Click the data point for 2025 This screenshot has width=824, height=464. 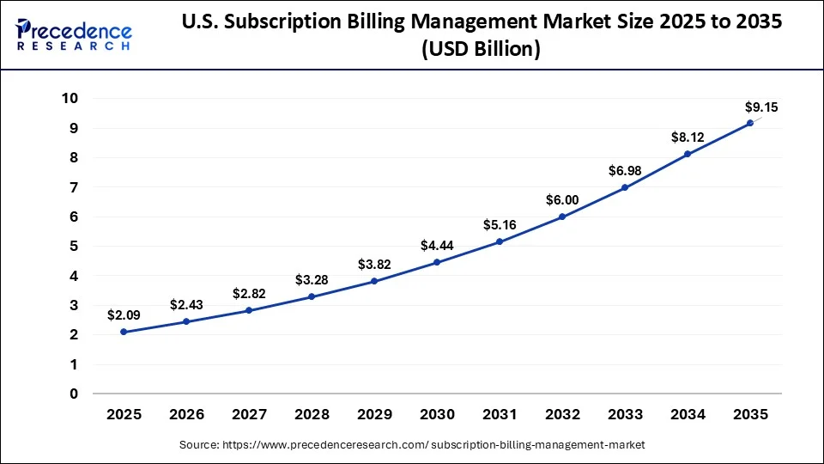(x=124, y=332)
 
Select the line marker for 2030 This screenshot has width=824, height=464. (x=437, y=262)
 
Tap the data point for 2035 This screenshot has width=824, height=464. (x=749, y=123)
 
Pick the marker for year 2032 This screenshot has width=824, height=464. (x=562, y=217)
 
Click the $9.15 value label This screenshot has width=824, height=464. (x=760, y=107)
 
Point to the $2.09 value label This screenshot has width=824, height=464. (x=124, y=315)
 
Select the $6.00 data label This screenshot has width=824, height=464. (x=562, y=200)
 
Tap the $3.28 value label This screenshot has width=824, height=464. (x=312, y=280)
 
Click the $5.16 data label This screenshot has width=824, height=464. (x=500, y=225)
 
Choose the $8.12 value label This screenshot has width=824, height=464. (x=687, y=137)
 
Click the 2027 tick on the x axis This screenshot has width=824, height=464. (x=249, y=415)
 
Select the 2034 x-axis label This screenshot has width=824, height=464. (x=687, y=415)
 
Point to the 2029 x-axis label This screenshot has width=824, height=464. (x=374, y=415)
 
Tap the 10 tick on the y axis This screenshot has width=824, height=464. (x=70, y=99)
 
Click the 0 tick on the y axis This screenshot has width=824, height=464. (x=74, y=394)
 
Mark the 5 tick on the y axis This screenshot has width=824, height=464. (x=74, y=247)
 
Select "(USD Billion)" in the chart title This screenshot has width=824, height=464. (x=482, y=50)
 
